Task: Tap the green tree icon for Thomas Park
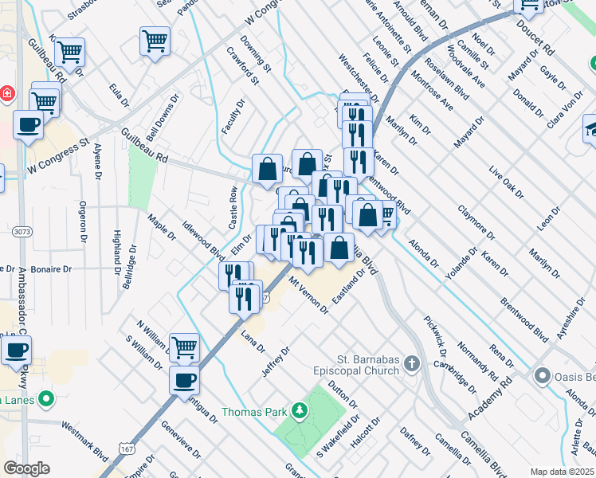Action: coord(300,411)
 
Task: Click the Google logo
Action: coord(26,468)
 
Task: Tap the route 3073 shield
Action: coord(22,231)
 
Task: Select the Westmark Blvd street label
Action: coord(84,443)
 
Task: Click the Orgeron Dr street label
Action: coord(82,218)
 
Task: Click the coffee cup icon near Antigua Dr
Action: coord(185,380)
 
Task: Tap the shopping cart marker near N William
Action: coord(185,347)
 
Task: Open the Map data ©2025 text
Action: coord(562,472)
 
